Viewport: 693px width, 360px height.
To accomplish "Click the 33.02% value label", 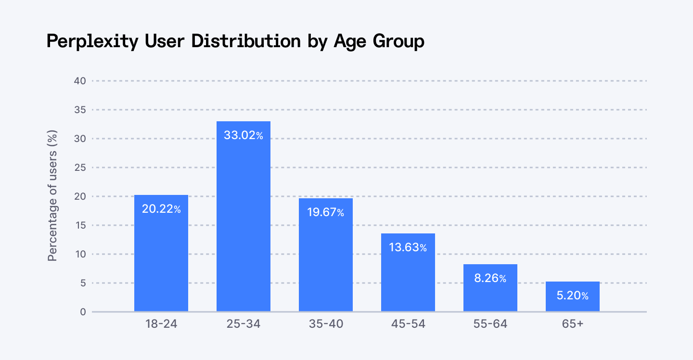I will pos(244,136).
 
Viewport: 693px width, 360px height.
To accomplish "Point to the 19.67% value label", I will pos(326,212).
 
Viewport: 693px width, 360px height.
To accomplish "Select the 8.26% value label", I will pos(490,278).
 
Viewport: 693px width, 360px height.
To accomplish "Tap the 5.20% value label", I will pos(573,296).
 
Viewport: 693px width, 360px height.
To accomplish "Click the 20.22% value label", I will pos(161,209).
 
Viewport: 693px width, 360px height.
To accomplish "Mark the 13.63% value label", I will pos(408,247).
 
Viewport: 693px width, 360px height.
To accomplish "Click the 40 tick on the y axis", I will pos(80,81).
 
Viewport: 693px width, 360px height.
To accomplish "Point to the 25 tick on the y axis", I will pos(80,167).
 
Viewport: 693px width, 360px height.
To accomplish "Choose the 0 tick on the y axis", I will pos(83,312).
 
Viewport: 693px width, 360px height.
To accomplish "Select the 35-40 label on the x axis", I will pos(326,324).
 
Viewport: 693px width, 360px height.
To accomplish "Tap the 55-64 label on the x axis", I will pos(490,324).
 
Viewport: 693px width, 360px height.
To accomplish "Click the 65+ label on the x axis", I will pos(573,324).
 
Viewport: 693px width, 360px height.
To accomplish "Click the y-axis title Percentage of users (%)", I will pos(53,195).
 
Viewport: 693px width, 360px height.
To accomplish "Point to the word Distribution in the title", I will pos(245,41).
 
